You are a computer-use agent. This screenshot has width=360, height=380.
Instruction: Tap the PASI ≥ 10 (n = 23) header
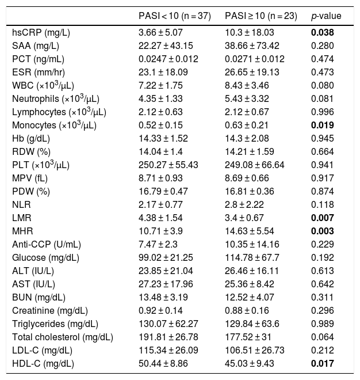(261, 14)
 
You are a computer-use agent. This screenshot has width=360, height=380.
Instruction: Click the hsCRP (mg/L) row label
(37, 32)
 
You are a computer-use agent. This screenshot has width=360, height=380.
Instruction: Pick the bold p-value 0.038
(323, 32)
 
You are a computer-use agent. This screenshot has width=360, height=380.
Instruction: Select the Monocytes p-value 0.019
(323, 125)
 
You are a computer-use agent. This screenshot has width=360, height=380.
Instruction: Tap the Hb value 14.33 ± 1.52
(164, 138)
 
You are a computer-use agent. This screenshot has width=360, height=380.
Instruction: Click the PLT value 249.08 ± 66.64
(256, 165)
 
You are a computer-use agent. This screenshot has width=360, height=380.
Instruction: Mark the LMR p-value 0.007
(323, 218)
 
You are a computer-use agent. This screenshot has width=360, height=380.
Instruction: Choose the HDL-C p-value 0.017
(323, 363)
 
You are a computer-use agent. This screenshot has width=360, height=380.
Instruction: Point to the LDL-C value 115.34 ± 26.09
(169, 350)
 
